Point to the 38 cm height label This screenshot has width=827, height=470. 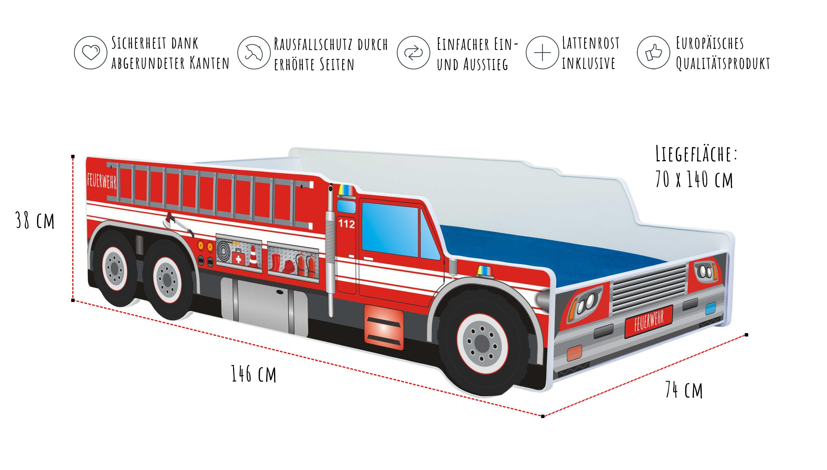tap(35, 221)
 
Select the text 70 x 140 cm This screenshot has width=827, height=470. tap(694, 179)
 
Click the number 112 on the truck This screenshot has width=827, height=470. tap(346, 223)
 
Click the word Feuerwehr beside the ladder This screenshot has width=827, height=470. tap(102, 181)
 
